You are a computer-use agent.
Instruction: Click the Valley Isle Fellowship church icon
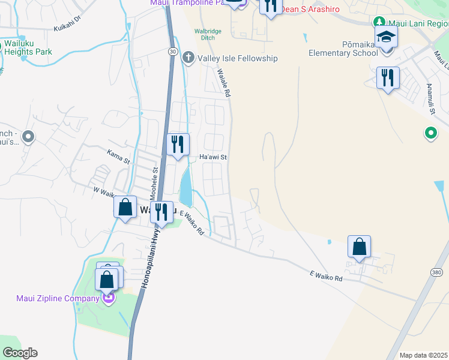(x=188, y=58)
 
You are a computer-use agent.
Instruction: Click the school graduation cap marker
(x=386, y=38)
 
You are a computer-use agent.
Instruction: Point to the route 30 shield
(x=173, y=52)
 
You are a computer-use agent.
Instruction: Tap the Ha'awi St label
(x=212, y=157)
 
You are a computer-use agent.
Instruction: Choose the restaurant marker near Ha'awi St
(x=179, y=144)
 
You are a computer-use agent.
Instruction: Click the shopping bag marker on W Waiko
(x=125, y=208)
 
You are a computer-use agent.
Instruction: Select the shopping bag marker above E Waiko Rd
(x=359, y=247)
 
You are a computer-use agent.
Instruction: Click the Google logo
(x=20, y=353)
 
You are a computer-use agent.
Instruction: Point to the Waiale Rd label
(x=224, y=83)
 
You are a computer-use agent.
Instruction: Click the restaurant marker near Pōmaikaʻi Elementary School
(x=388, y=77)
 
